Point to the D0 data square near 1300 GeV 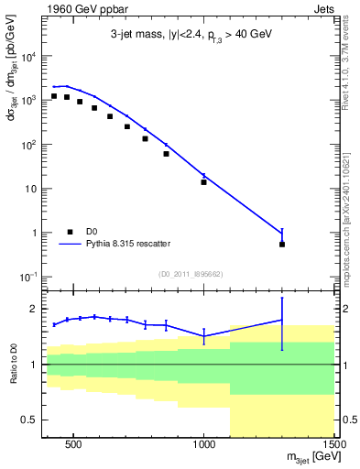282,244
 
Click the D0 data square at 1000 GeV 203,181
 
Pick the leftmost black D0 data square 54,95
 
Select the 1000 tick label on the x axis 203,444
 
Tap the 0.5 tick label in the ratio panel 30,420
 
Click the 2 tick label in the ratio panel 35,309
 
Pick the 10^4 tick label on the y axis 28,56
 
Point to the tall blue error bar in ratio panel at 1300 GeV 282,322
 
